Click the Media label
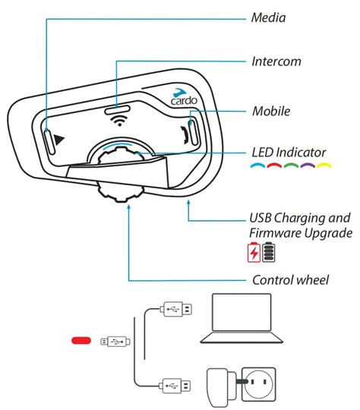[268, 17]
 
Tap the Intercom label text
[276, 61]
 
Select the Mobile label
[271, 111]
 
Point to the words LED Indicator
[289, 152]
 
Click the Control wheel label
[290, 279]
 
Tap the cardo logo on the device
[184, 96]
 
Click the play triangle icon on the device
[59, 140]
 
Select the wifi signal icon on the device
[119, 121]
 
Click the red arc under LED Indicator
[274, 166]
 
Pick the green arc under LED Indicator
[291, 166]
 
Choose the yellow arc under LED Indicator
[324, 166]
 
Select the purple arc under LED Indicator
[308, 166]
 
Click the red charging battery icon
[254, 252]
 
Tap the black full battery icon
[269, 252]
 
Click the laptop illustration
[242, 318]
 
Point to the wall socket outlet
[258, 384]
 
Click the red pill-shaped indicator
[81, 340]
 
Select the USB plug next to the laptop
[178, 309]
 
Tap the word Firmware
[275, 233]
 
